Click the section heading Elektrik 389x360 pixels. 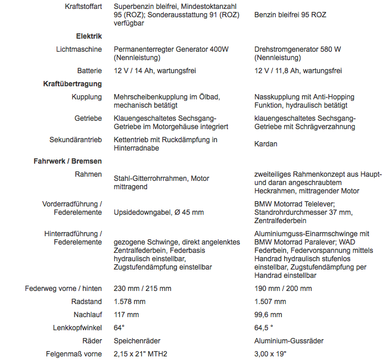pyautogui.click(x=89, y=36)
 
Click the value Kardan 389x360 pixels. pyautogui.click(x=266, y=144)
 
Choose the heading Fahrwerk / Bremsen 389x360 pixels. pyautogui.click(x=68, y=161)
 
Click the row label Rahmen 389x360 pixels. pyautogui.click(x=88, y=174)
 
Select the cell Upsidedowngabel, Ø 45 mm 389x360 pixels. pyautogui.click(x=158, y=212)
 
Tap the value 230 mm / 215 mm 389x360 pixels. pyautogui.click(x=142, y=289)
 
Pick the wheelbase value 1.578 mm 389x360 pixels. pyautogui.click(x=129, y=302)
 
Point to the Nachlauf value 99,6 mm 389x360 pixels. pyautogui.click(x=268, y=315)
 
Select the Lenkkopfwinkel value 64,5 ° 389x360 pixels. pyautogui.click(x=264, y=328)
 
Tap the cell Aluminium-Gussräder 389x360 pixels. pyautogui.click(x=289, y=341)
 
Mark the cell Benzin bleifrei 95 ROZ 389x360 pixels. pyautogui.click(x=290, y=15)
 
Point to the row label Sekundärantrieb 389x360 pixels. pyautogui.click(x=76, y=140)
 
